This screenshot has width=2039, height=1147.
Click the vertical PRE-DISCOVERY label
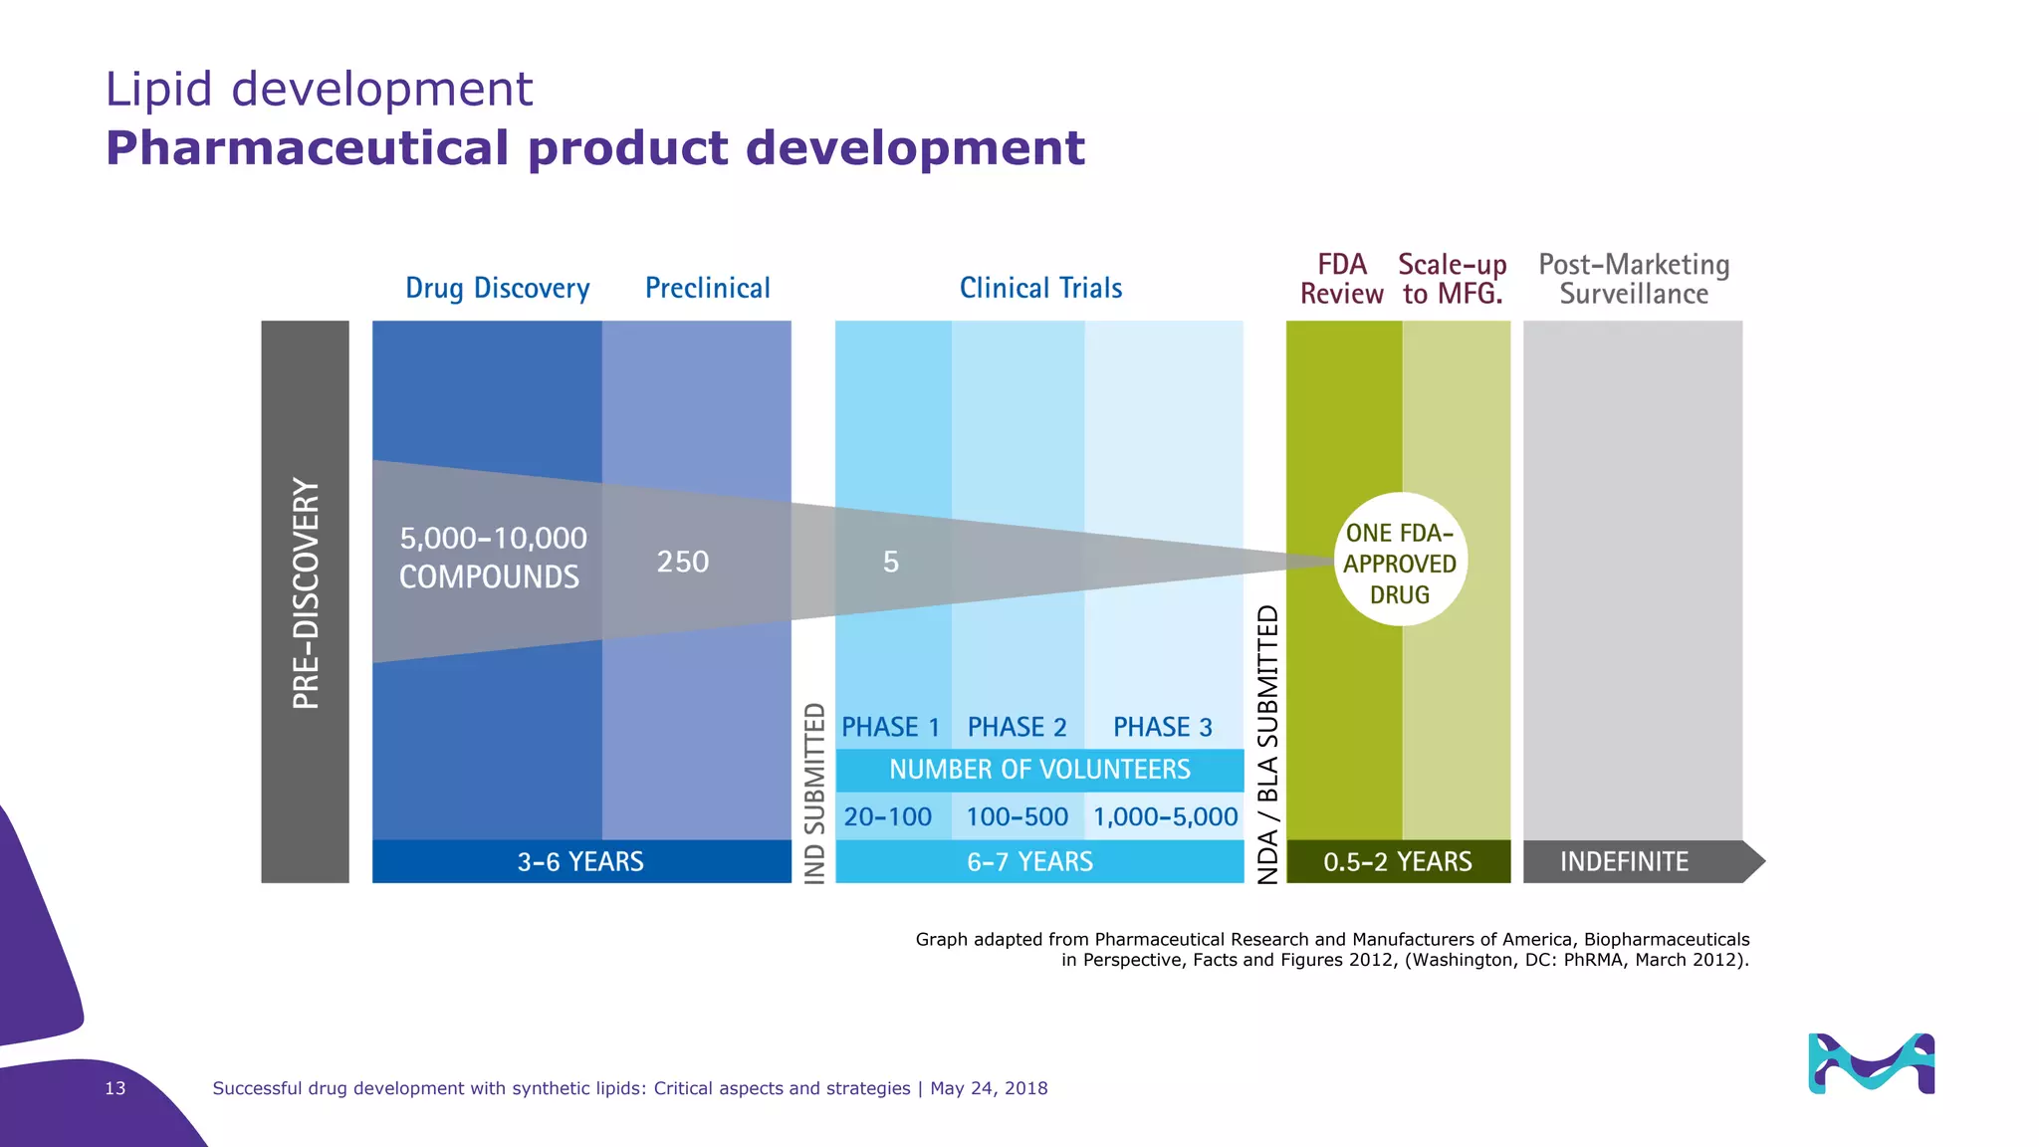306,593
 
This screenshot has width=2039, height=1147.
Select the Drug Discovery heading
497,288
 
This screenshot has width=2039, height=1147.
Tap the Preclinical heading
707,288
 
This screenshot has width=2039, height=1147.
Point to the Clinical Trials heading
1040,288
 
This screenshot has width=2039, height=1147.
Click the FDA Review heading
1341,279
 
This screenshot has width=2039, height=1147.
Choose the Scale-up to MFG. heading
1452,279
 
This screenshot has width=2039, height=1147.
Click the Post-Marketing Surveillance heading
1633,279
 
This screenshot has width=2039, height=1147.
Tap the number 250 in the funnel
682,562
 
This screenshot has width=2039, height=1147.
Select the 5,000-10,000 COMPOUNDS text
492,558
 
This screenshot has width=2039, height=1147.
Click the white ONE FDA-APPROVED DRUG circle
1400,561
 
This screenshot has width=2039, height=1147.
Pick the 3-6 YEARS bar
580,861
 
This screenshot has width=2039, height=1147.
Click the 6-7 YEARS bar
1030,861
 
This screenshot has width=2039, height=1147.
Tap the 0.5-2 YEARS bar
1397,861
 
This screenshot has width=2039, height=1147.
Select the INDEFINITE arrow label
1624,861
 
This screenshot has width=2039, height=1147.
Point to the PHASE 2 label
1017,727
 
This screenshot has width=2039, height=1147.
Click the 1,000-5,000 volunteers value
1165,816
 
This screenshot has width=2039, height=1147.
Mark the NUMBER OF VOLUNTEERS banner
1039,770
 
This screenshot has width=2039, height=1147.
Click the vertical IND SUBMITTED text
814,793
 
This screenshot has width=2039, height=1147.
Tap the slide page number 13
115,1088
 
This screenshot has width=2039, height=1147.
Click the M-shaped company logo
1871,1063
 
